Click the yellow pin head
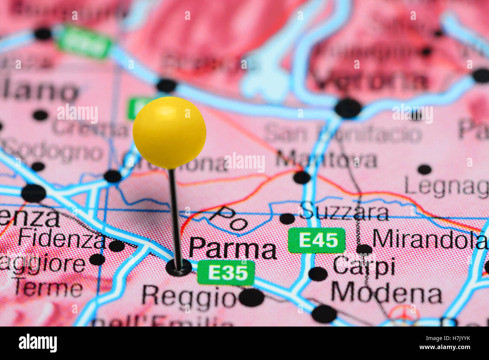pos(169,132)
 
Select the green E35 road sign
pos(226,273)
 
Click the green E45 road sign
pos(316,240)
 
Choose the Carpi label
pos(364,267)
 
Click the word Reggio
pos(188,297)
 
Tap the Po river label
pos(228,218)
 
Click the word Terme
pos(48,289)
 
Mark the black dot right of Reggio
pos(251,297)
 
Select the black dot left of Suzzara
pos(287,219)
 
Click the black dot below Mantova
pos(302,177)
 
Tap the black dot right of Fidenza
pos(117,246)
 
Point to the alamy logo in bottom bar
pos(38,343)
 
